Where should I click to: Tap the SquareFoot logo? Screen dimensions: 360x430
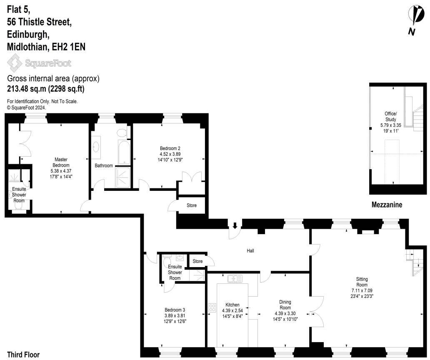(40, 63)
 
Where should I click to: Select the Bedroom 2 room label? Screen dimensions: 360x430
(170, 153)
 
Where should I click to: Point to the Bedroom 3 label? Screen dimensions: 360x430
(175, 315)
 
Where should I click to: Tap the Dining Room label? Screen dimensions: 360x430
(285, 307)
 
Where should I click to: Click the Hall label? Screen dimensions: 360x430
(250, 251)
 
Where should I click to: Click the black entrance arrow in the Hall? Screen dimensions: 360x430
(235, 225)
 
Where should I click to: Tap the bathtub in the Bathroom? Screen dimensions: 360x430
(124, 152)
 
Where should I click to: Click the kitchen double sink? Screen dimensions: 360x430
(235, 278)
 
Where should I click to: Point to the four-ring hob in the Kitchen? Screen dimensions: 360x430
(212, 308)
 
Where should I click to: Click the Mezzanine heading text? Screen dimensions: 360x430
(387, 205)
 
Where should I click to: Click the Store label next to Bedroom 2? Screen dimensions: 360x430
(191, 205)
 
